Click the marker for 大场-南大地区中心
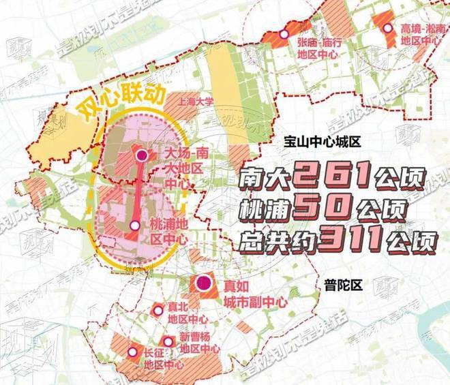[x=142, y=156]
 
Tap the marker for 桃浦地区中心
[x=135, y=225]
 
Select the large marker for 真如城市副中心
[x=202, y=283]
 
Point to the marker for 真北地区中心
[x=158, y=310]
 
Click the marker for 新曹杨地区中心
[x=167, y=341]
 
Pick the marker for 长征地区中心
[x=132, y=352]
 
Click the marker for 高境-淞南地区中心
[x=388, y=29]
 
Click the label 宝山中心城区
[x=323, y=141]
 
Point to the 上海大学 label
[x=195, y=101]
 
